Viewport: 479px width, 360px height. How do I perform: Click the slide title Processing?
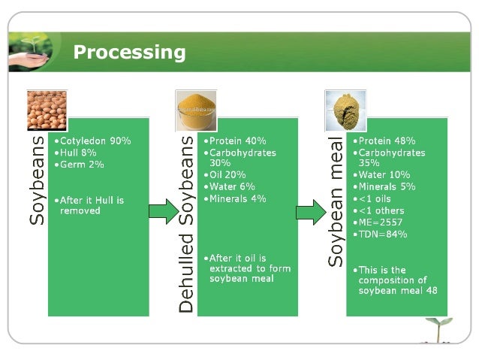128,52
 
